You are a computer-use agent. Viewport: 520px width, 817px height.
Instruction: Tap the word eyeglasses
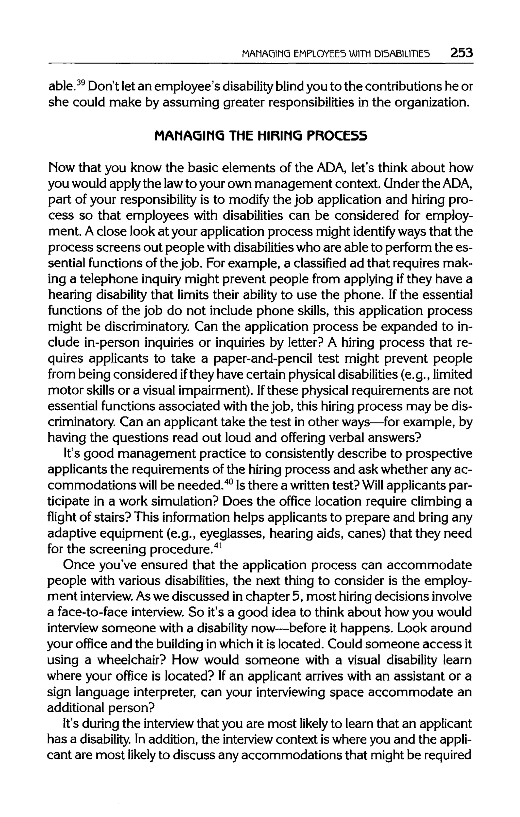coord(232,534)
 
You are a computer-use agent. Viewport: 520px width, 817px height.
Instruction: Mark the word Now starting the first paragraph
coord(60,168)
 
